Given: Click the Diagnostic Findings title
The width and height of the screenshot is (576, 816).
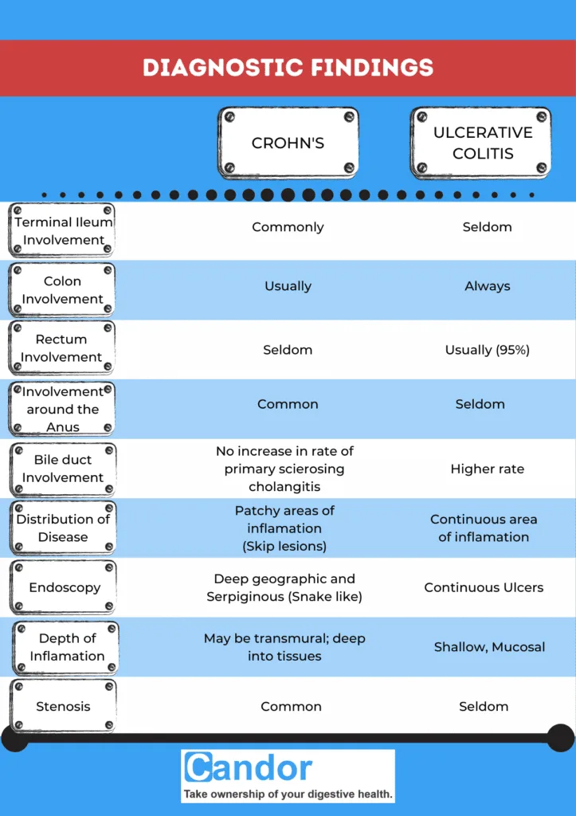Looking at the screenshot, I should click(x=288, y=67).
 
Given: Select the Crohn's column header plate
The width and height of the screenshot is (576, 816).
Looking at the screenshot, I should click(x=288, y=143).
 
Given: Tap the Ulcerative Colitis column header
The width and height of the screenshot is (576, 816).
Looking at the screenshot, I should click(x=482, y=143).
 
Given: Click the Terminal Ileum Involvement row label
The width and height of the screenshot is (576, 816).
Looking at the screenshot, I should click(x=63, y=231).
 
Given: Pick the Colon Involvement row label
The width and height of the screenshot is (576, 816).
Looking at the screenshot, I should click(x=63, y=290).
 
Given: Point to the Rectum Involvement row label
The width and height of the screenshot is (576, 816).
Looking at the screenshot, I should click(x=62, y=348).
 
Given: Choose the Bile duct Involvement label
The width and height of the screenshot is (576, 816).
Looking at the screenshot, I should click(x=63, y=469).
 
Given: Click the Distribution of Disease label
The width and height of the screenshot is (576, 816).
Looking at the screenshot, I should click(x=63, y=528).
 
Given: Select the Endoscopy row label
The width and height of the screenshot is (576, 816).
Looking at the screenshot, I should click(x=65, y=587).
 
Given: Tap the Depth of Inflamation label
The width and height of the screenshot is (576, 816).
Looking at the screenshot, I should click(x=67, y=647).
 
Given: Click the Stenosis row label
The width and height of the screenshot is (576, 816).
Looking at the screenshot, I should click(x=63, y=706).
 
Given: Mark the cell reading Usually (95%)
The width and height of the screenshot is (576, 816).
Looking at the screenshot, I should click(x=487, y=350).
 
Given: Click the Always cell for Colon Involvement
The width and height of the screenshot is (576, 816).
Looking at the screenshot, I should click(x=487, y=286).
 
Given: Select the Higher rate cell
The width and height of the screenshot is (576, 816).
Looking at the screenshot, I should click(x=487, y=469).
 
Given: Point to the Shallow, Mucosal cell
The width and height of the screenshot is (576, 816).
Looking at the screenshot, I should click(x=489, y=647).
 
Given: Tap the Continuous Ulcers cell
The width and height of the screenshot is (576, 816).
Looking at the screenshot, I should click(x=484, y=587).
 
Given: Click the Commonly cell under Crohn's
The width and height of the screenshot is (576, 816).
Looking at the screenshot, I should click(x=288, y=227).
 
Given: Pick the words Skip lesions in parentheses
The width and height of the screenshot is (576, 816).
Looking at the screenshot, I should click(x=284, y=547).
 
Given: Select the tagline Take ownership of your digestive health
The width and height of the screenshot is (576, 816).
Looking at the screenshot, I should click(x=288, y=794).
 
